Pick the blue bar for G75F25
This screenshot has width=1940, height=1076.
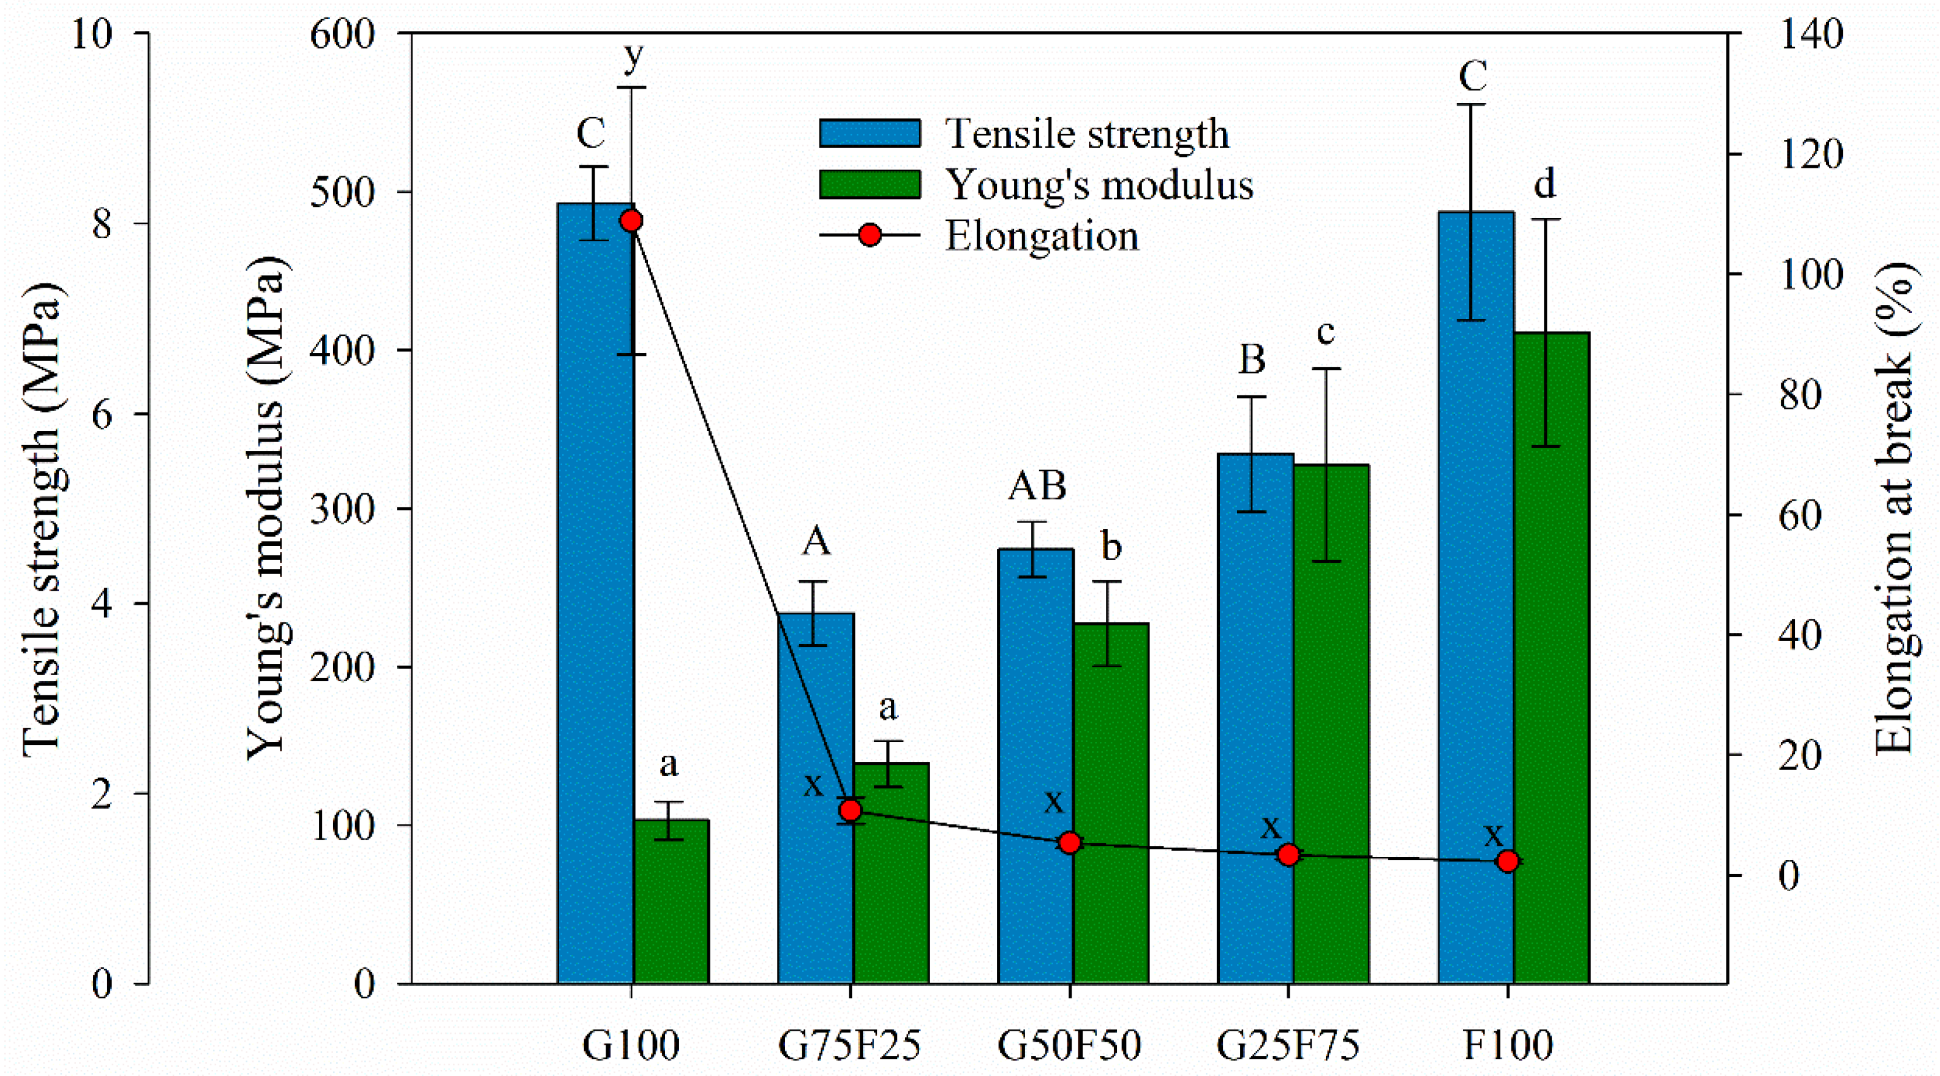pyautogui.click(x=816, y=798)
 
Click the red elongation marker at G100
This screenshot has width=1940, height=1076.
pyautogui.click(x=631, y=220)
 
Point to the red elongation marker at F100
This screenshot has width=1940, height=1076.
pyautogui.click(x=1507, y=861)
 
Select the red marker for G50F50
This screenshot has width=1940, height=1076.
pyautogui.click(x=1069, y=843)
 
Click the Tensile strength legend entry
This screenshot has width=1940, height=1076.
pyautogui.click(x=1087, y=134)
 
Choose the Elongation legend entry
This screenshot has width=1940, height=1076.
pyautogui.click(x=1042, y=236)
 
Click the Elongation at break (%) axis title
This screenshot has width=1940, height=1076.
pyautogui.click(x=1893, y=508)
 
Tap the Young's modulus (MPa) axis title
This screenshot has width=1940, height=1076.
pyautogui.click(x=265, y=508)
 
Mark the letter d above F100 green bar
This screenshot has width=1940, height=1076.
pyautogui.click(x=1544, y=184)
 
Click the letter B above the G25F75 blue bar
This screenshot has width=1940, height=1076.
pyautogui.click(x=1252, y=360)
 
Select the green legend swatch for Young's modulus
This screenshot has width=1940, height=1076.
pyautogui.click(x=870, y=184)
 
